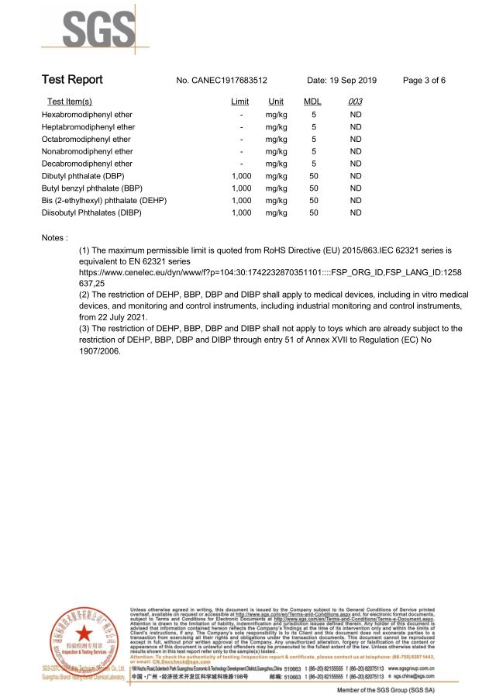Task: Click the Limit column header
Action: (240, 102)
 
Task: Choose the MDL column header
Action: (313, 102)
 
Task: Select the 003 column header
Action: (356, 102)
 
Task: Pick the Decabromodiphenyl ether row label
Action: (88, 164)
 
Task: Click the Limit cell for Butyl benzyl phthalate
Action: (242, 188)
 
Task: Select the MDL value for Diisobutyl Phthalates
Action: (314, 212)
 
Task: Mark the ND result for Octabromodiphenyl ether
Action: (356, 139)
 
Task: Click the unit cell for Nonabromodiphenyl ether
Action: (276, 151)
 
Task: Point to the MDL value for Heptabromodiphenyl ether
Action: (314, 126)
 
